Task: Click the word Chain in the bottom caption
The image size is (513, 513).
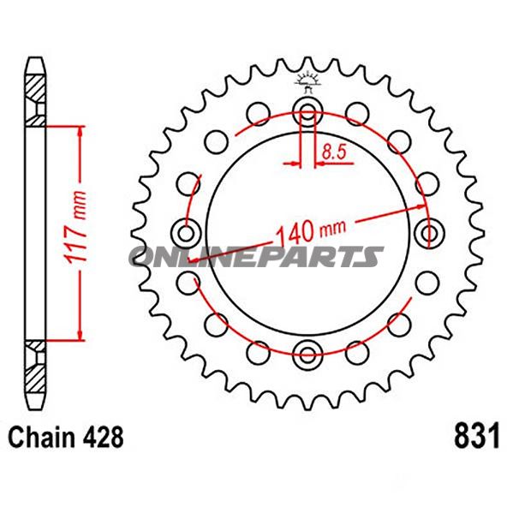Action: click(40, 436)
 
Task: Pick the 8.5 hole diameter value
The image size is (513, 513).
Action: click(333, 154)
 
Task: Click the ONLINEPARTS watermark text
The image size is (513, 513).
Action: click(256, 256)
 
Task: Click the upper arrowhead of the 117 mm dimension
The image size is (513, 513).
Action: click(81, 130)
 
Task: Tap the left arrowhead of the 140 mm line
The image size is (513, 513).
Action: click(199, 254)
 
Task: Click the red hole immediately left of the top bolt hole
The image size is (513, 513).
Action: click(256, 113)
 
